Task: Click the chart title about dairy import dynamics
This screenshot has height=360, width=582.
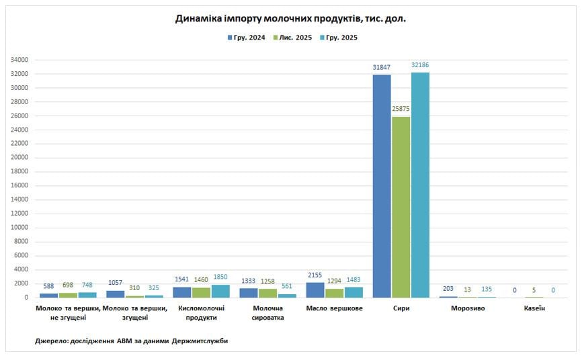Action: click(x=290, y=19)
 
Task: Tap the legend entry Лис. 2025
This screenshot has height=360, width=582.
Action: click(x=293, y=38)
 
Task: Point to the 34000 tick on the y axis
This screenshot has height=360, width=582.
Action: click(x=18, y=60)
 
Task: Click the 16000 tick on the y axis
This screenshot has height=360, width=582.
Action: click(x=18, y=185)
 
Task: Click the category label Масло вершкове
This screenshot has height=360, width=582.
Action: click(x=334, y=308)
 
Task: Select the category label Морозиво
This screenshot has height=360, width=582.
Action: click(x=468, y=308)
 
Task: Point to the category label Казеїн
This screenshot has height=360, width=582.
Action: click(x=534, y=308)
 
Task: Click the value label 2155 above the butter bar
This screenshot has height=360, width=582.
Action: click(x=315, y=275)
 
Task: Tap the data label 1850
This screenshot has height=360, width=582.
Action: click(x=220, y=277)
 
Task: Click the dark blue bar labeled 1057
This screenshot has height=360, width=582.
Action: click(x=115, y=294)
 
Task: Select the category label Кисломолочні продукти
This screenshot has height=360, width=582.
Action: click(x=201, y=313)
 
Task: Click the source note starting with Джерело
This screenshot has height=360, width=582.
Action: click(x=132, y=341)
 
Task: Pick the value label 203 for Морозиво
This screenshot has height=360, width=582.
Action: click(x=448, y=289)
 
